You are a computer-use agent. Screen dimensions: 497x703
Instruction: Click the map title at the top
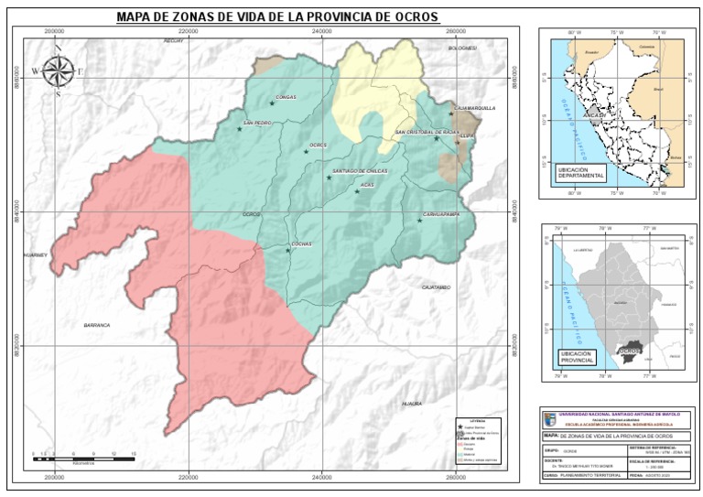[277, 17]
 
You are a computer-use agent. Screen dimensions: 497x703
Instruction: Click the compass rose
[58, 70]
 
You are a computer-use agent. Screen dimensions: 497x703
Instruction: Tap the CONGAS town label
[286, 96]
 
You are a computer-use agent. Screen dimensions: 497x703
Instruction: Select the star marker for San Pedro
[240, 129]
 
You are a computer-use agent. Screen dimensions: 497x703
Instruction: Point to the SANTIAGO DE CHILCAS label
[358, 171]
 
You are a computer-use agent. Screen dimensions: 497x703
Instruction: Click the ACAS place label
[367, 185]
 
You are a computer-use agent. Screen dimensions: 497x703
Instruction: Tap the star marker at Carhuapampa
[420, 221]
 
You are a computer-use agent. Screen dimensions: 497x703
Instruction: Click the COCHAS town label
[301, 243]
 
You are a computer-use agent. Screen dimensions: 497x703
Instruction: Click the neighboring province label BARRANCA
[96, 325]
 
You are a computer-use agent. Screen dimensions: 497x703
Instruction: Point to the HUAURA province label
[413, 403]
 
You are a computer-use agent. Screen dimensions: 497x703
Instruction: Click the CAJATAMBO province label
[437, 287]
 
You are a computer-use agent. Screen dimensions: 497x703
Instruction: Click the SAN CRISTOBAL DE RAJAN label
[427, 133]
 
